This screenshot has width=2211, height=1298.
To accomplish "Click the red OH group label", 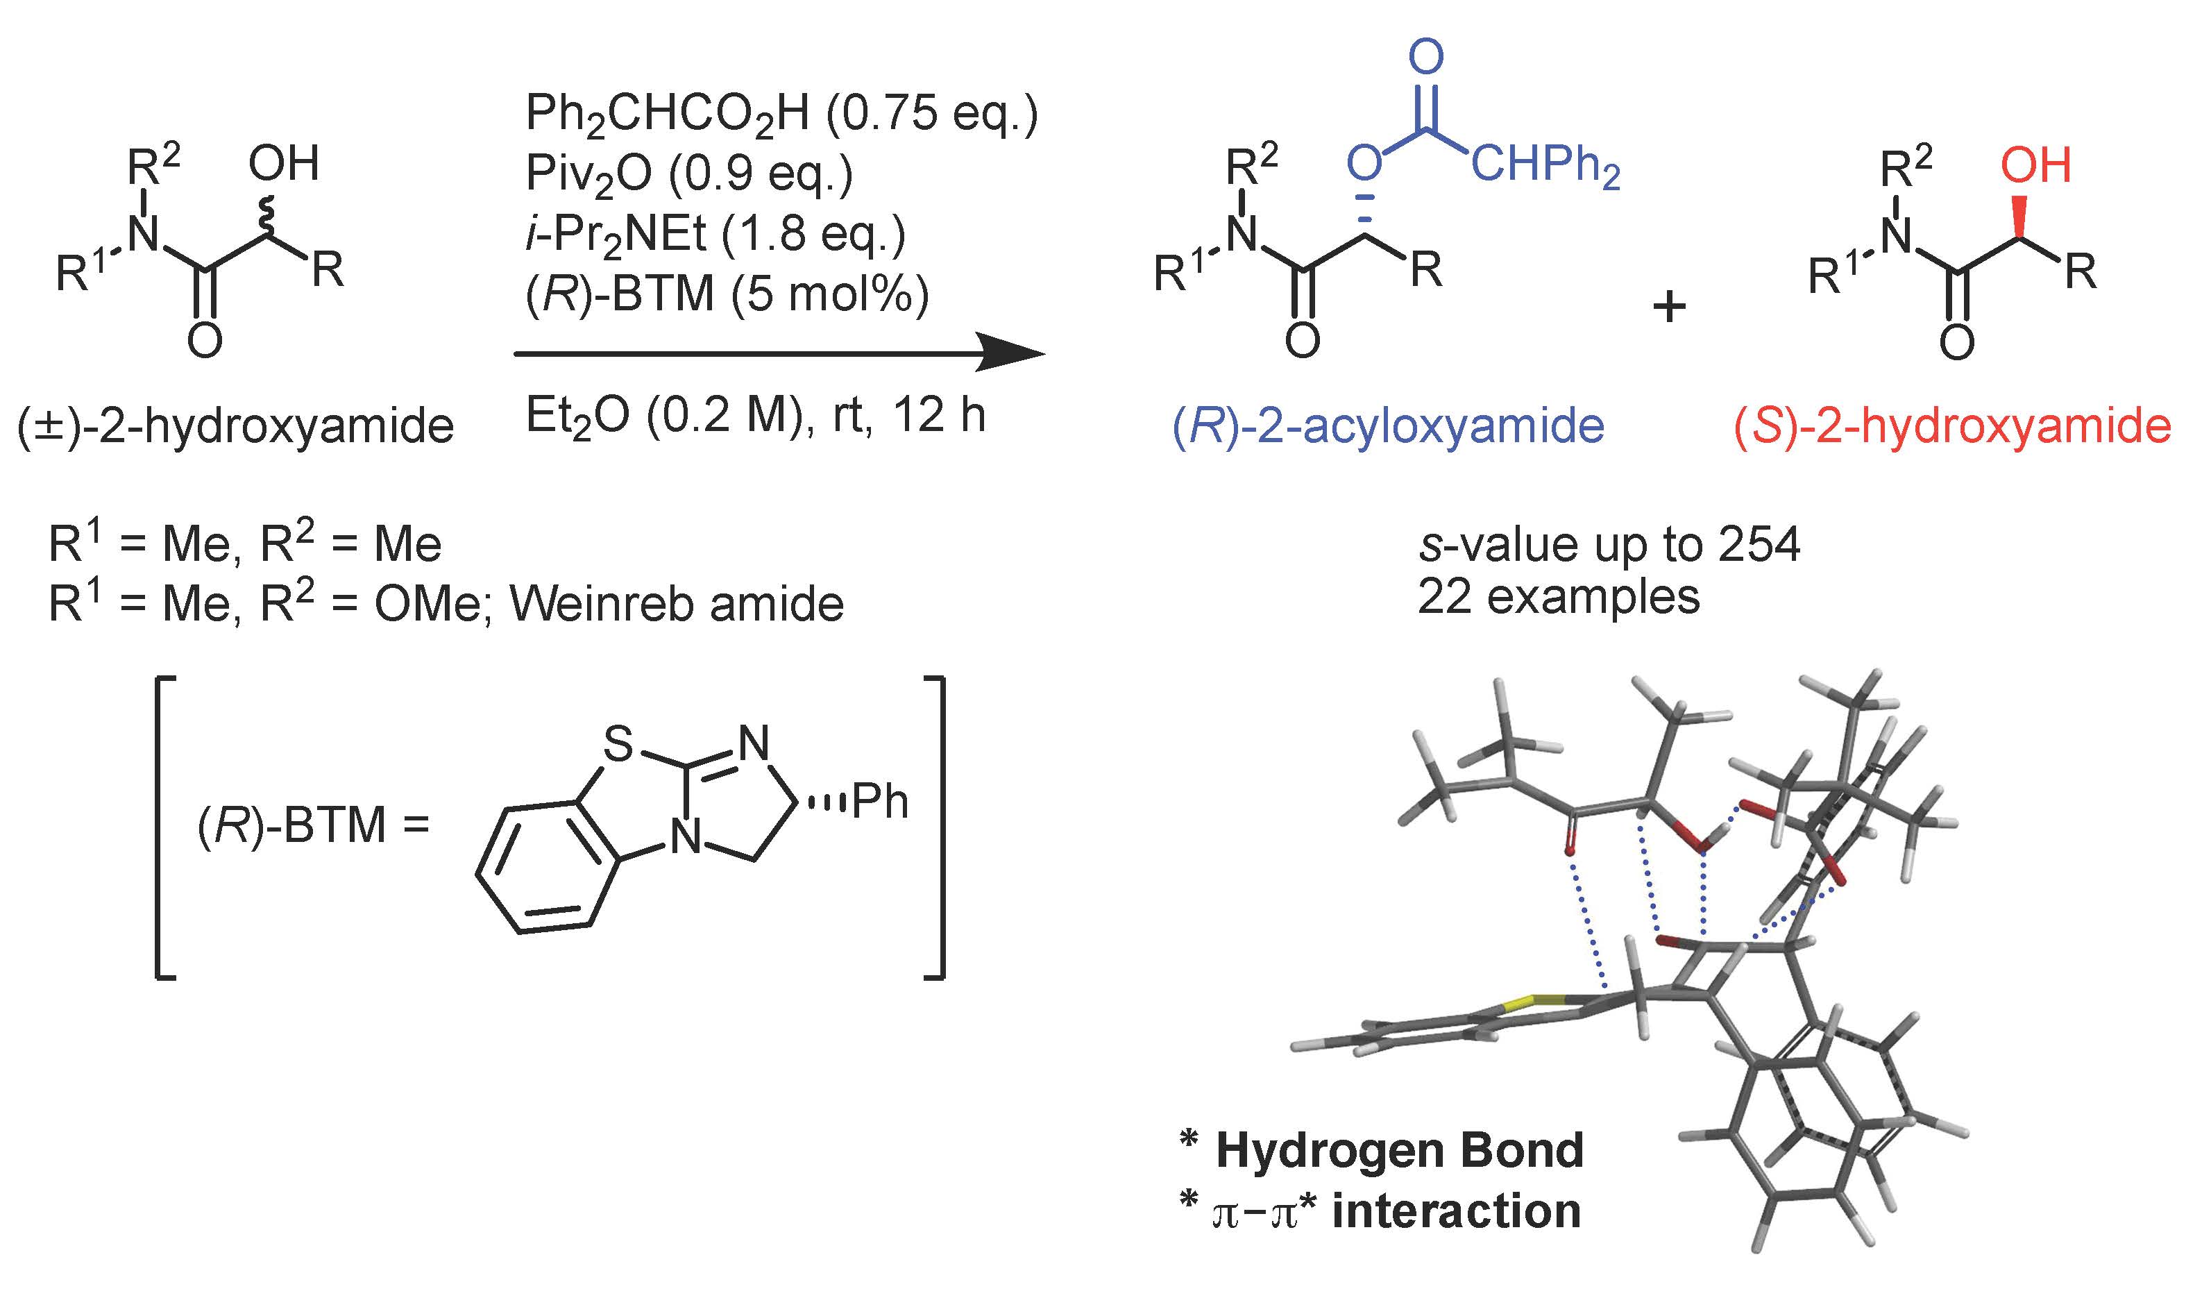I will [2035, 165].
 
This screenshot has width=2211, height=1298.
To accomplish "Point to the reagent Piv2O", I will [588, 174].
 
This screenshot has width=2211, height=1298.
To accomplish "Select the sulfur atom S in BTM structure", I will [618, 745].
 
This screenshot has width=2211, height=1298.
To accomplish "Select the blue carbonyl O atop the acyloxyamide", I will [1425, 57].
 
